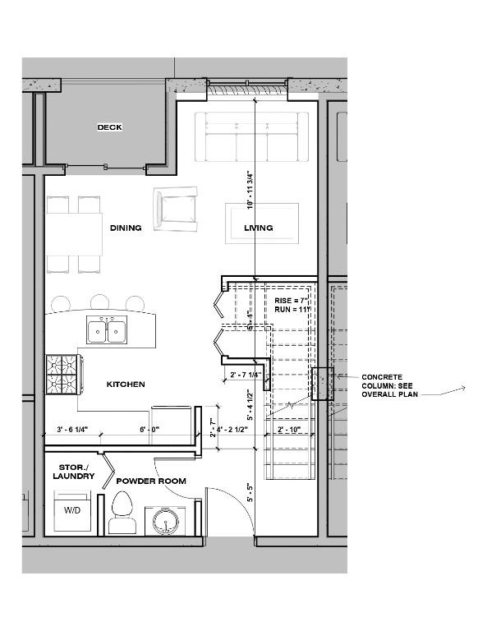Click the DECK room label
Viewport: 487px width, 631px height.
[109, 127]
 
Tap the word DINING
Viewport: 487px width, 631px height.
[125, 228]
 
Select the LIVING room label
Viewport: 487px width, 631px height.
[259, 228]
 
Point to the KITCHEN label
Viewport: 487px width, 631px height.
[126, 384]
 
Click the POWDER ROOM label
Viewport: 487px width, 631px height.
[150, 481]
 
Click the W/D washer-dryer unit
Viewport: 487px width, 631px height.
[73, 510]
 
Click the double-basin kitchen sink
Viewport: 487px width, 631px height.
[106, 331]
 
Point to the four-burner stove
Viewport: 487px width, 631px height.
[62, 375]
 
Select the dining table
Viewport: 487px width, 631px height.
[74, 234]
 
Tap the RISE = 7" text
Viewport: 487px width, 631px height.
[290, 302]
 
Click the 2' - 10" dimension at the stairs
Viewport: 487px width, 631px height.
[288, 430]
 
